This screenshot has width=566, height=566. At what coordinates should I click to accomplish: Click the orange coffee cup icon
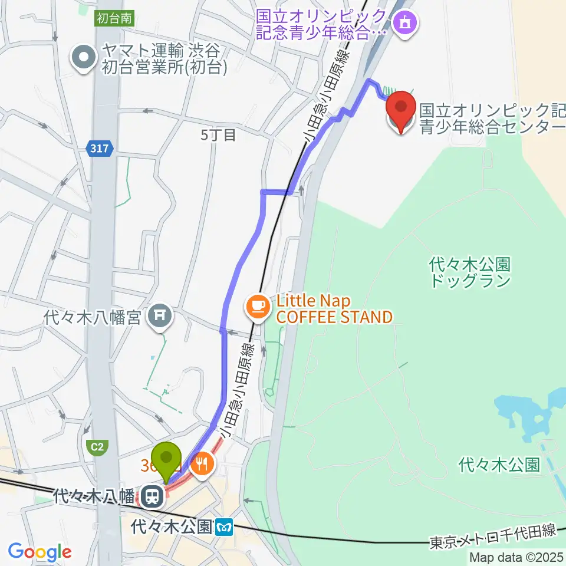(258, 305)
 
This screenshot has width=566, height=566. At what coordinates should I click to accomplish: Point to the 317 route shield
(100, 149)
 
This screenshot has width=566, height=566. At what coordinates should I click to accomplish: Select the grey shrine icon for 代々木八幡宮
(160, 317)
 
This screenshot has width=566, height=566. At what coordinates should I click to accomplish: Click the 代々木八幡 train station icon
(153, 496)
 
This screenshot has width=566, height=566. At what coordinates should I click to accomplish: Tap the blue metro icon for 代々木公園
(225, 525)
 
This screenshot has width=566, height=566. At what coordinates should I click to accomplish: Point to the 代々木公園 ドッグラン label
(470, 272)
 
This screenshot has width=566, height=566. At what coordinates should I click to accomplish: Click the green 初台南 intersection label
(115, 18)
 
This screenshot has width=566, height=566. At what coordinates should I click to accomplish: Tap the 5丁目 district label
(218, 135)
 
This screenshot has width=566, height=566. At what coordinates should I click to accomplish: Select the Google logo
(40, 552)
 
